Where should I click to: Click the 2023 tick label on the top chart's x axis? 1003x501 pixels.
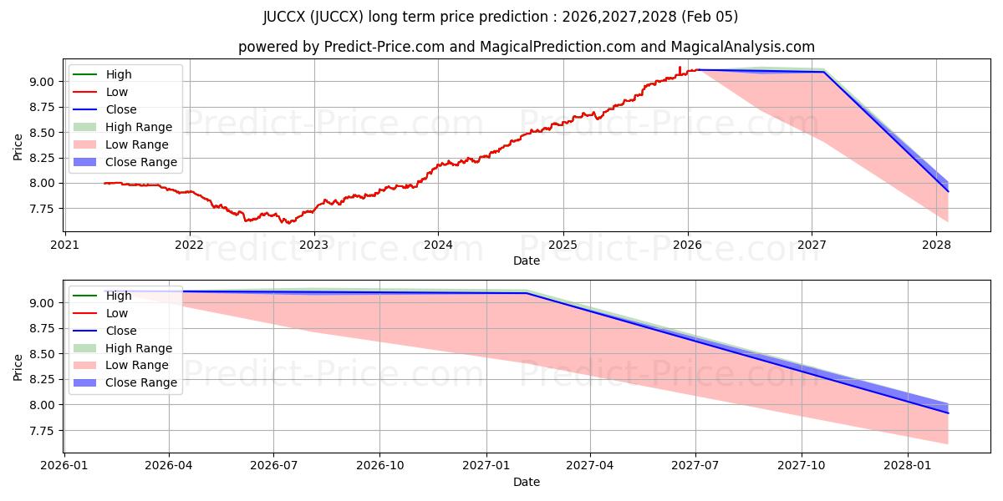(x=313, y=245)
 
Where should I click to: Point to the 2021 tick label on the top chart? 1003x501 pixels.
(x=65, y=245)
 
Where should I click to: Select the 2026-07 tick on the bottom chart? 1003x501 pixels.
(x=274, y=466)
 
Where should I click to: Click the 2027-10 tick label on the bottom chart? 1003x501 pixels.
(x=802, y=466)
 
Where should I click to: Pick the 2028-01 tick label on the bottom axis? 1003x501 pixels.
(x=907, y=466)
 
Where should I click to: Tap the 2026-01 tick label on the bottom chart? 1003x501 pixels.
(x=64, y=466)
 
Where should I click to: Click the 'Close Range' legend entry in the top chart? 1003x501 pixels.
(x=141, y=162)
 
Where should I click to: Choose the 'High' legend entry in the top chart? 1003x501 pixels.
(x=119, y=74)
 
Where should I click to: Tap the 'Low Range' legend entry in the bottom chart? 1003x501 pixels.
(x=137, y=366)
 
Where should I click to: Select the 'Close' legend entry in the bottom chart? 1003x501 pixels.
(x=121, y=331)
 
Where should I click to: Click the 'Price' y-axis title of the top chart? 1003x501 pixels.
(x=18, y=145)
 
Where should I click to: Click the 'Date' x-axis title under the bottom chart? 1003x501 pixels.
(x=527, y=482)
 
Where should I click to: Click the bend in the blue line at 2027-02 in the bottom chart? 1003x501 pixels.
(x=525, y=292)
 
